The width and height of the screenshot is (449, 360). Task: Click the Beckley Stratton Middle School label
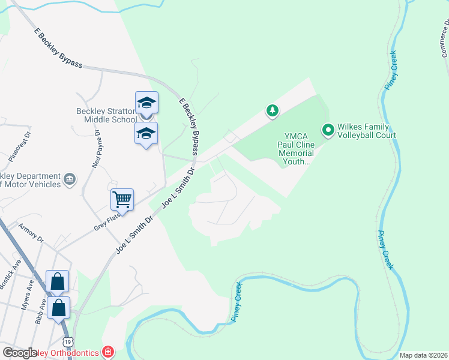click(x=106, y=115)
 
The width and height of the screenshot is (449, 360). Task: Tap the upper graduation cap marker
click(x=146, y=103)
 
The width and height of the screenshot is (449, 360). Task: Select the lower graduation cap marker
click(x=146, y=133)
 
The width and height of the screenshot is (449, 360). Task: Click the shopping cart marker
click(x=122, y=199)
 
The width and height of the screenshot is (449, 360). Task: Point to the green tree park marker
click(x=273, y=110)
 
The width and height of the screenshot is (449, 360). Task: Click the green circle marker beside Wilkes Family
click(x=328, y=130)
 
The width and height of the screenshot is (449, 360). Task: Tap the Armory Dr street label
click(x=31, y=230)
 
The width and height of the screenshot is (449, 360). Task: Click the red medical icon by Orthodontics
click(x=107, y=351)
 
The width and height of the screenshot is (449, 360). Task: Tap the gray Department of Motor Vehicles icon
click(x=70, y=179)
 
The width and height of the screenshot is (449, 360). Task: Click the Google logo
click(x=20, y=353)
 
